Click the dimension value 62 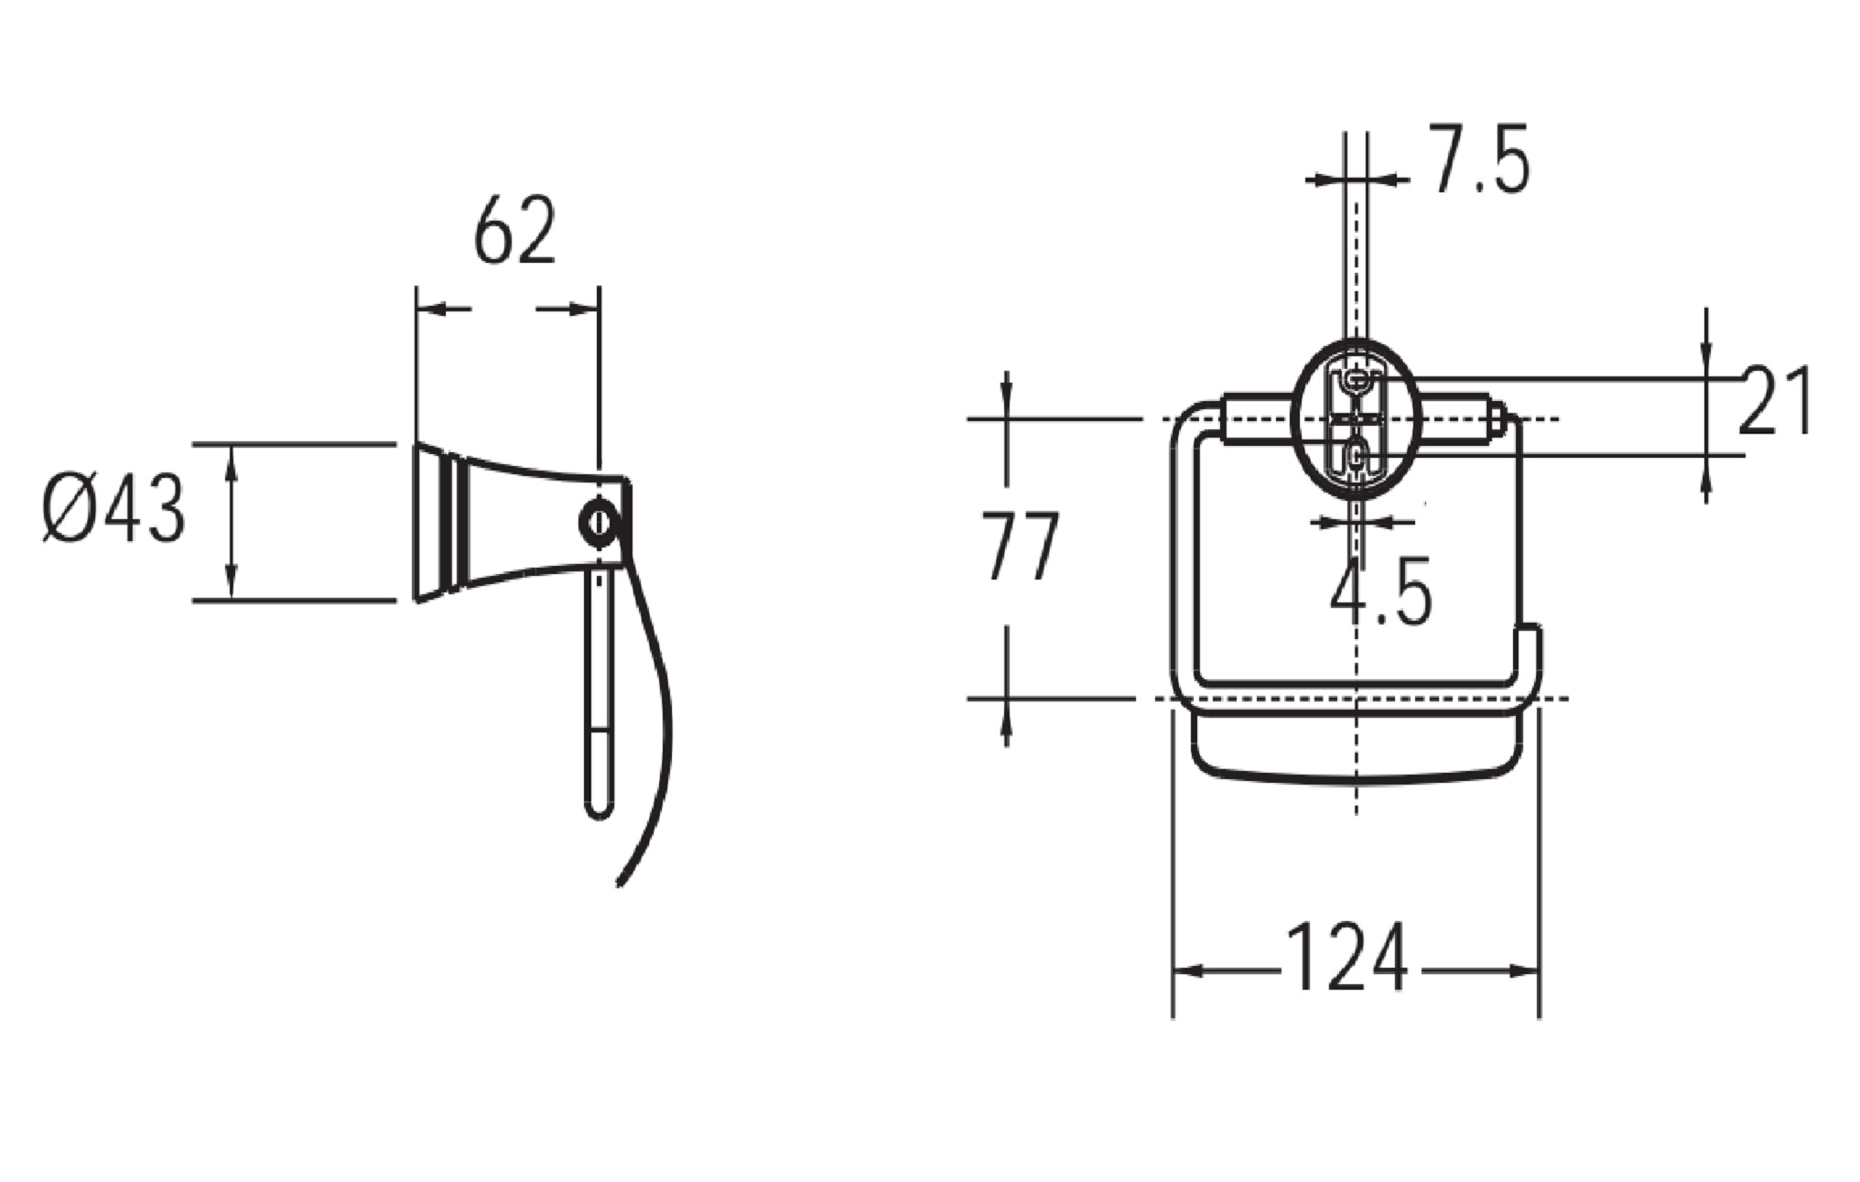tap(514, 230)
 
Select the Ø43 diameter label tap(114, 510)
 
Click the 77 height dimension tap(1021, 547)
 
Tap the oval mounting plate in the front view tap(1356, 418)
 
